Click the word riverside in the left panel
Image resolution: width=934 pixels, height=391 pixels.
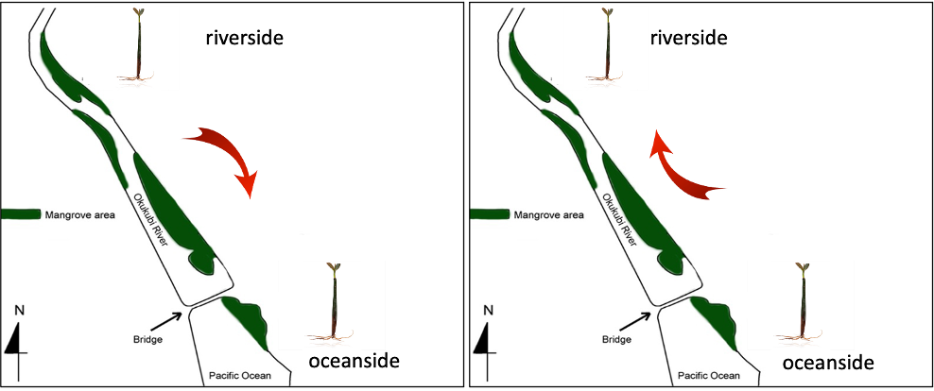pos(246,38)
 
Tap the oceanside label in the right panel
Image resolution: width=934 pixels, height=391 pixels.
pos(826,363)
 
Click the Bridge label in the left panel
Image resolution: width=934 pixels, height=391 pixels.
pos(147,338)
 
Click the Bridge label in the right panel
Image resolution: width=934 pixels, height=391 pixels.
pos(617,338)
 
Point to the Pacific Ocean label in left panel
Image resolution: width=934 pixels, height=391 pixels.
pos(239,376)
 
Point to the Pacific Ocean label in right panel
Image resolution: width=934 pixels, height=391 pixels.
pos(709,376)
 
